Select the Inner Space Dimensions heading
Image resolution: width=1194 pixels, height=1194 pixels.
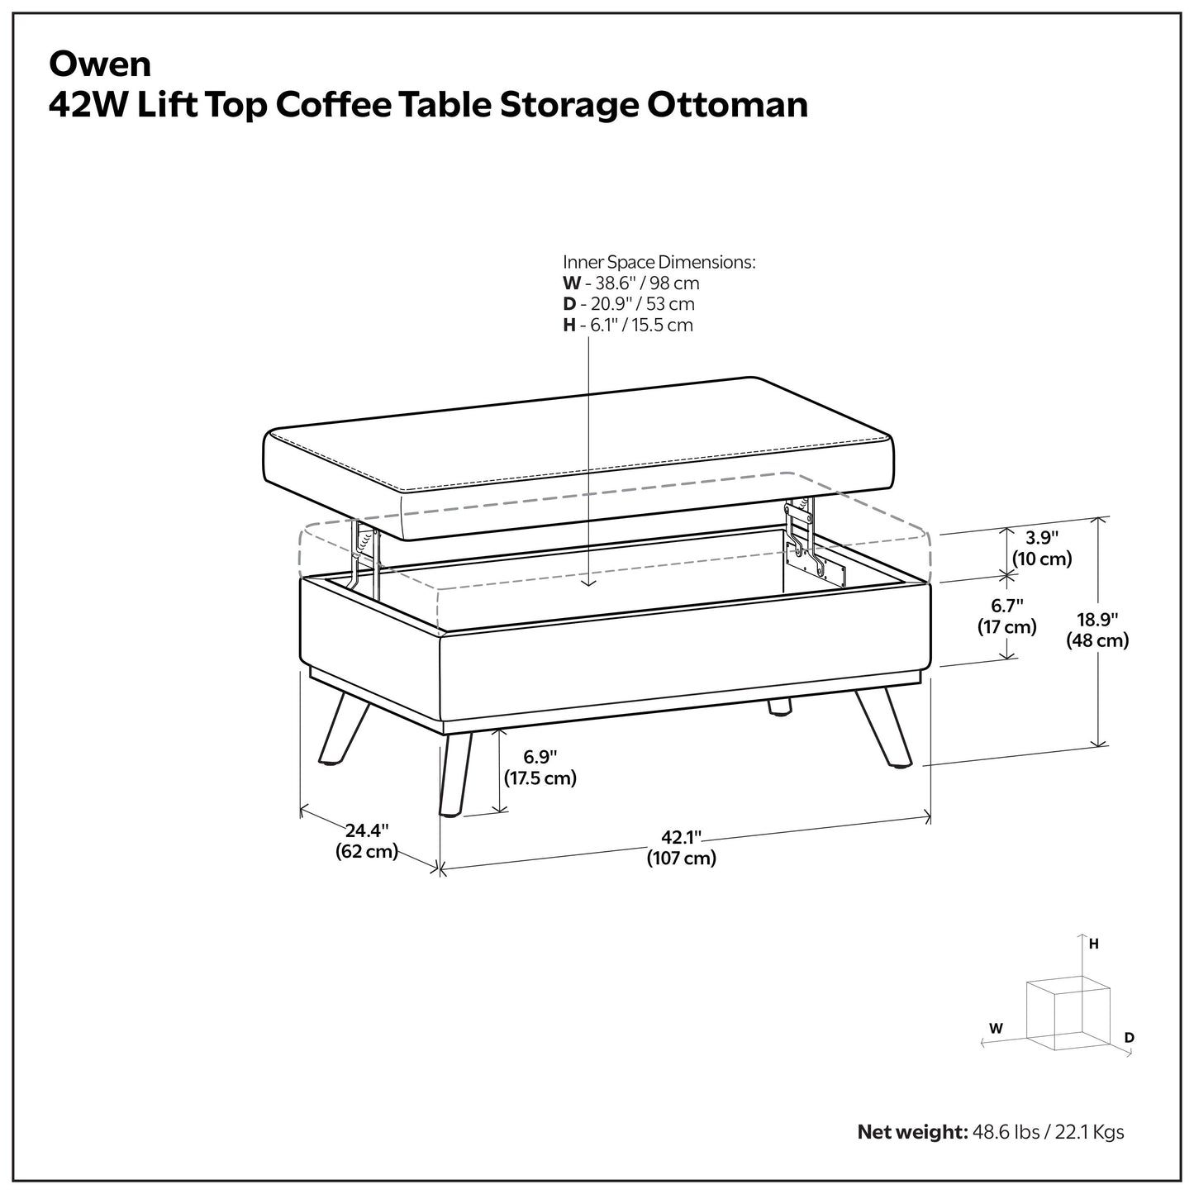[x=659, y=262]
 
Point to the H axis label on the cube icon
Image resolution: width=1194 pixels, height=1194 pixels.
[x=1093, y=944]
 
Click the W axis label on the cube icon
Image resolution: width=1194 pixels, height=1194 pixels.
[x=996, y=1029]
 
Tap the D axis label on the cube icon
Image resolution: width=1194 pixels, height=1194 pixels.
[x=1129, y=1038]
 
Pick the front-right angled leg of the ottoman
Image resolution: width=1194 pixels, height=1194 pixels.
[x=884, y=728]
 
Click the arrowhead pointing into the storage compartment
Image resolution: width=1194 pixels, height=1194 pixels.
[x=588, y=581]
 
